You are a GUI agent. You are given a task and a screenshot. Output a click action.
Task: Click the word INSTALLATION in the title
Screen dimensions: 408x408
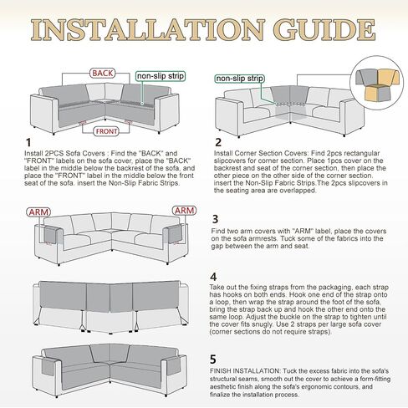[148, 29]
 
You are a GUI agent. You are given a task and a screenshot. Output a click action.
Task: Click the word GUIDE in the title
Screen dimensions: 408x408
[324, 29]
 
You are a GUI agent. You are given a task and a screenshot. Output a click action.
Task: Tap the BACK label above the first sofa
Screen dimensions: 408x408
[103, 74]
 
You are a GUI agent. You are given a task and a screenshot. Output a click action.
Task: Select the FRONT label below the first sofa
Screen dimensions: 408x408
[106, 131]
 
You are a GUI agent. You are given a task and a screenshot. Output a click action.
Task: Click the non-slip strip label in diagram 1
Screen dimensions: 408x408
[161, 76]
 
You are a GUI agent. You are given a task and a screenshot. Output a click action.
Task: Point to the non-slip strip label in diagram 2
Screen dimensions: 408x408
[239, 79]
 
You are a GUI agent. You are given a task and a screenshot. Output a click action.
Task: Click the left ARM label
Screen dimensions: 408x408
[38, 212]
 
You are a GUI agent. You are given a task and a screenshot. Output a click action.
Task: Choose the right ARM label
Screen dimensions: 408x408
[184, 211]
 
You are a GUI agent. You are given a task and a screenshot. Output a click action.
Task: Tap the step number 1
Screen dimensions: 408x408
[28, 143]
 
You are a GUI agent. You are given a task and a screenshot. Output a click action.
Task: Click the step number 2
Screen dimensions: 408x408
[218, 142]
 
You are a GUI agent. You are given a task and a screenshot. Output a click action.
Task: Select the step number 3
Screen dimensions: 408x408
[215, 219]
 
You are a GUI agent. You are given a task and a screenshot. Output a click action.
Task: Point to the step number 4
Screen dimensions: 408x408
[213, 277]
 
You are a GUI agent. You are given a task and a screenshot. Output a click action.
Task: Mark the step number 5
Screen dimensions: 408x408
[213, 360]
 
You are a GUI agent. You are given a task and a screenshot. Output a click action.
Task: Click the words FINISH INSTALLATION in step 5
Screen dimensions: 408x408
[244, 371]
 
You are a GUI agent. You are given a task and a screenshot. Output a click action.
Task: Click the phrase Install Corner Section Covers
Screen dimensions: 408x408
[261, 153]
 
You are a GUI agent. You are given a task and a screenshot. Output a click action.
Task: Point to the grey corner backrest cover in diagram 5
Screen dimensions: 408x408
[110, 354]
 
